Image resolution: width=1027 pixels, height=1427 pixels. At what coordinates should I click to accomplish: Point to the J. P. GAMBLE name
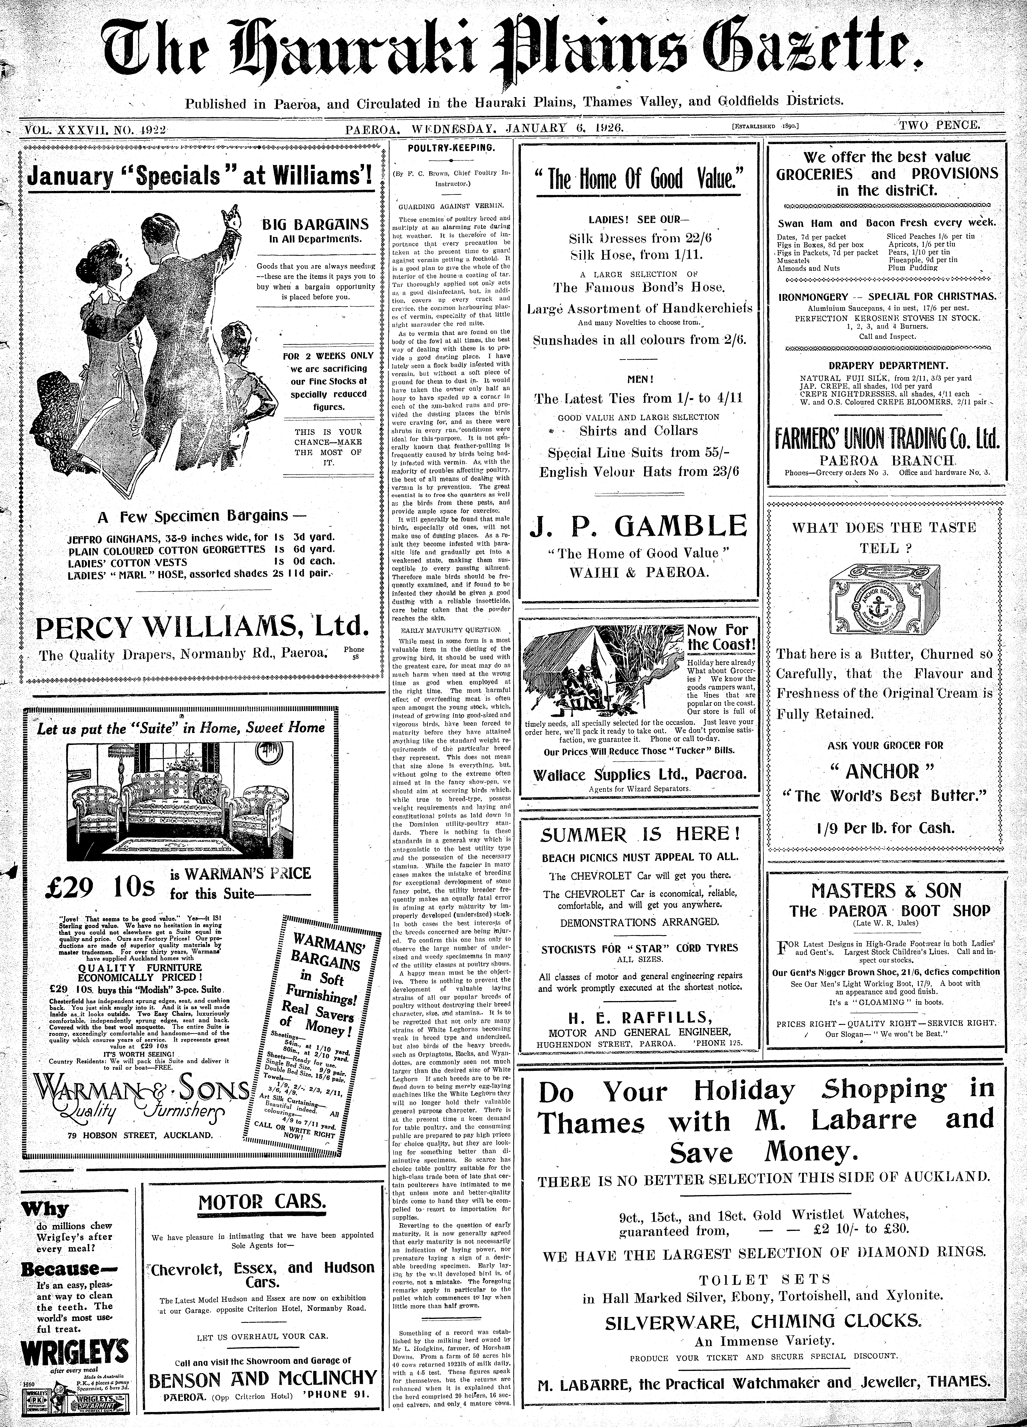pyautogui.click(x=639, y=526)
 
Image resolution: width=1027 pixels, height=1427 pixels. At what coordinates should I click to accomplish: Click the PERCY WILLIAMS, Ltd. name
pyautogui.click(x=201, y=627)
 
